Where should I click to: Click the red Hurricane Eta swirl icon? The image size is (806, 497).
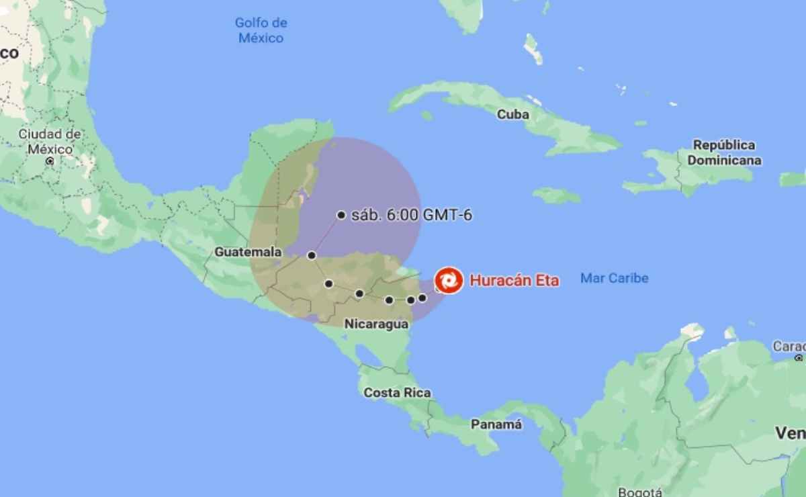(x=449, y=281)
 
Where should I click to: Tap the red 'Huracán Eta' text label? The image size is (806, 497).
(x=514, y=281)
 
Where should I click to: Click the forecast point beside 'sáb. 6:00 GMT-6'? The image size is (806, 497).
(x=341, y=215)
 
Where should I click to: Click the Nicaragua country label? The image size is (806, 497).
(x=376, y=324)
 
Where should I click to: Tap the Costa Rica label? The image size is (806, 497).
(x=397, y=393)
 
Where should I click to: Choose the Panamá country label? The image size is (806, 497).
(x=496, y=424)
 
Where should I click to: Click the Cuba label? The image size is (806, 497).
(x=512, y=115)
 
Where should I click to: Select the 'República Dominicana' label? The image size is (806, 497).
(x=724, y=152)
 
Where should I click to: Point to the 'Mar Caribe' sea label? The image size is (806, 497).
(x=615, y=278)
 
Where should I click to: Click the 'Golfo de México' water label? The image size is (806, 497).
(x=261, y=30)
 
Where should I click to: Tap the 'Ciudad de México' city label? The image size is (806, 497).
(x=50, y=141)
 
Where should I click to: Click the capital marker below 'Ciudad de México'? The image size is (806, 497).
(x=50, y=161)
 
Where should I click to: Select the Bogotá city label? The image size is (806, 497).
(x=639, y=491)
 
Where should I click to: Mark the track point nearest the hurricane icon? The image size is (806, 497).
(x=422, y=298)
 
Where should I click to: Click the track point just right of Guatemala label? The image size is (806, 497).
(x=312, y=255)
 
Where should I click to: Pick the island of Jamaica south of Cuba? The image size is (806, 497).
(x=557, y=195)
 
